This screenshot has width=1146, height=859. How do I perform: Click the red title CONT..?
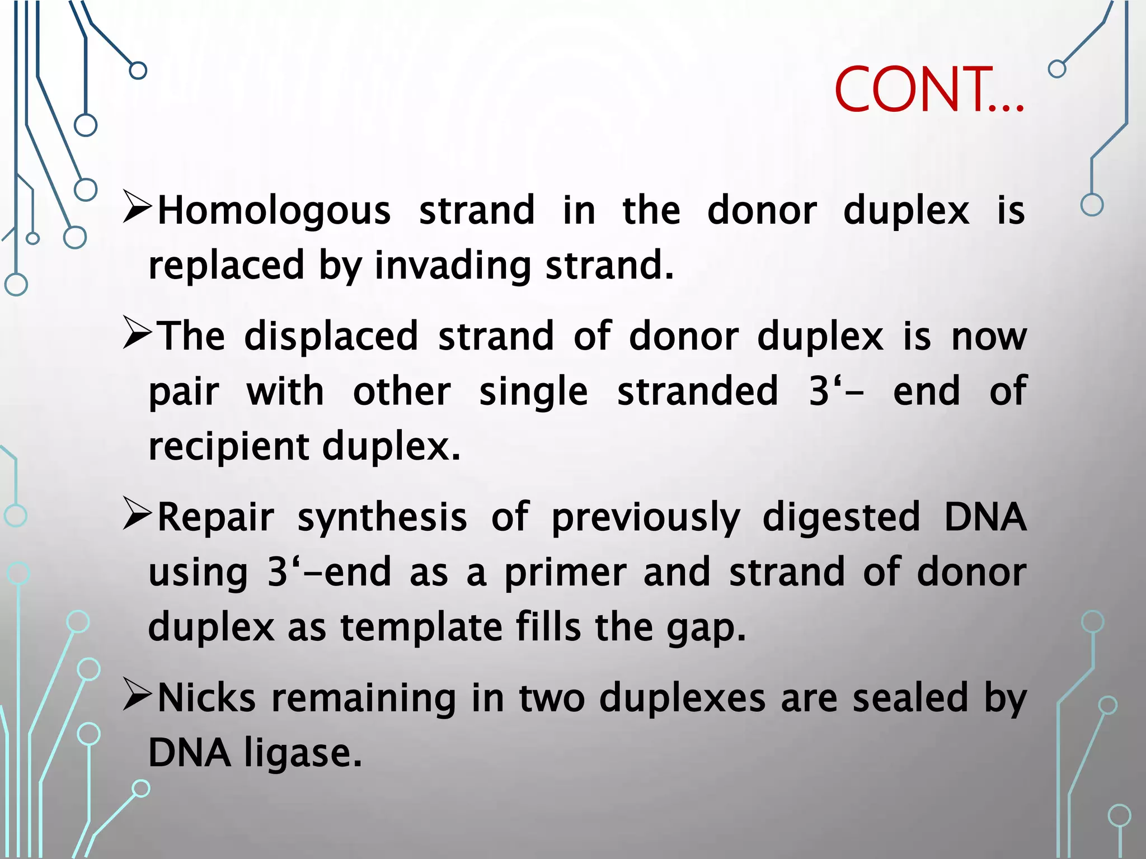point(928,89)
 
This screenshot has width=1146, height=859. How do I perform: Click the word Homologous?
point(274,211)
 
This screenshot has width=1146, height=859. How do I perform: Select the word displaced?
point(331,336)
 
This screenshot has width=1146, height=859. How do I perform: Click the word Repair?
point(216,517)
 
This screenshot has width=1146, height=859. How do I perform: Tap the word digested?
point(841,517)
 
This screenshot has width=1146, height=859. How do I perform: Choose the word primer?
point(565,573)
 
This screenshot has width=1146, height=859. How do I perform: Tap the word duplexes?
point(682,699)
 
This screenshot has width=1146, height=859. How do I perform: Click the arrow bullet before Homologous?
point(137,207)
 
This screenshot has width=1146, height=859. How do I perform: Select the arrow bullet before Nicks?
point(137,695)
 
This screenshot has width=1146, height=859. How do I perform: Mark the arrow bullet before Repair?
point(137,514)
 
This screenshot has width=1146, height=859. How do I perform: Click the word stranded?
point(697,391)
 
